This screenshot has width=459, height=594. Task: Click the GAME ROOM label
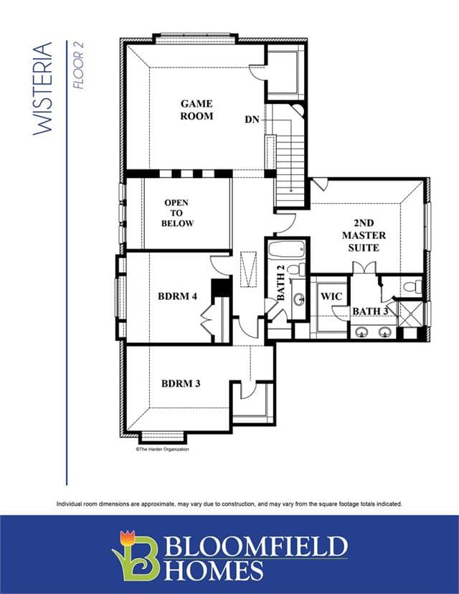point(197,110)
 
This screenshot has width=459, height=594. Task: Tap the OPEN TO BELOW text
point(177,213)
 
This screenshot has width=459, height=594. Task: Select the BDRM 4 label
point(177,296)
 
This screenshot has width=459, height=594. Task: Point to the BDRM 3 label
point(181,383)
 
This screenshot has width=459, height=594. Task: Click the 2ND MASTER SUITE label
point(364,235)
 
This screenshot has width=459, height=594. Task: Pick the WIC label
point(331,296)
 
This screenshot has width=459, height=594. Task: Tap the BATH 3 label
point(370,311)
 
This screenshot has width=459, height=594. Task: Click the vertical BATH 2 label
point(280,283)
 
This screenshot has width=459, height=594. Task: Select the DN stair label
point(252,120)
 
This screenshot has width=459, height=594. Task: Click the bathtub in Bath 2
point(287,250)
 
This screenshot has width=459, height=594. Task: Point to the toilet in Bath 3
point(412,286)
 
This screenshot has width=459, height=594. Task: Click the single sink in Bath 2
point(299,299)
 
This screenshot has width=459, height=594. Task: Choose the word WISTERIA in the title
point(42,88)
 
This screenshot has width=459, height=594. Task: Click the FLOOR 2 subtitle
point(78,65)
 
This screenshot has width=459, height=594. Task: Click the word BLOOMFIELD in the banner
point(255,545)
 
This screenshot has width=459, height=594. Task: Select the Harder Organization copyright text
point(162,449)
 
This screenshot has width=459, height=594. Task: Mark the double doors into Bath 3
point(364,268)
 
